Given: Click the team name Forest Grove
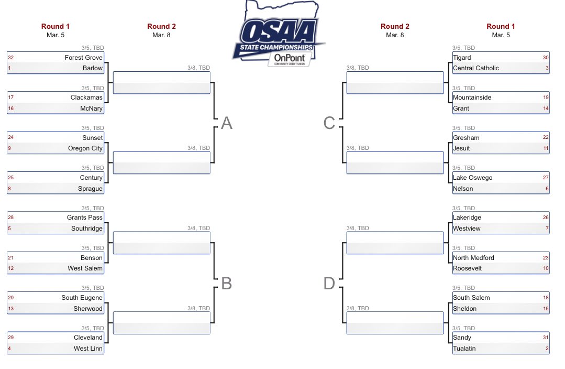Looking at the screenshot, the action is (x=84, y=57).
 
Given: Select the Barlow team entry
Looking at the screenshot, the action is (x=93, y=68).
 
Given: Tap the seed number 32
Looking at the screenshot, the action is (x=11, y=57).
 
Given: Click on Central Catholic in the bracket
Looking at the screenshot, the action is (x=476, y=68).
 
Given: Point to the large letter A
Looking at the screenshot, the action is (x=226, y=123).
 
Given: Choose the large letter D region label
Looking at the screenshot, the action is (x=329, y=284).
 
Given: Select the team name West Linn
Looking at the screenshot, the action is (x=88, y=349).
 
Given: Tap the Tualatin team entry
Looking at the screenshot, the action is (x=464, y=349).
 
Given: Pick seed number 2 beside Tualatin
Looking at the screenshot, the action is (x=547, y=349).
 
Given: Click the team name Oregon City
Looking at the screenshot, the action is (x=85, y=148).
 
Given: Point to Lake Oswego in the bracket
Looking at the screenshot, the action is (x=473, y=178).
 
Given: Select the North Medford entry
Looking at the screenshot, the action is (x=473, y=258).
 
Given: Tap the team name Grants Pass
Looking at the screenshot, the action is (x=85, y=218).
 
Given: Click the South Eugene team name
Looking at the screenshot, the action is (x=82, y=298).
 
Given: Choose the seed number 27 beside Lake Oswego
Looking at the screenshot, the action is (x=546, y=178).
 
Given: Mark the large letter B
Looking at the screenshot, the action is (x=226, y=284).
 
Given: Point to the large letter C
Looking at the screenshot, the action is (x=329, y=123).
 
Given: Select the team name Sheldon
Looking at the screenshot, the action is (x=465, y=309).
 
